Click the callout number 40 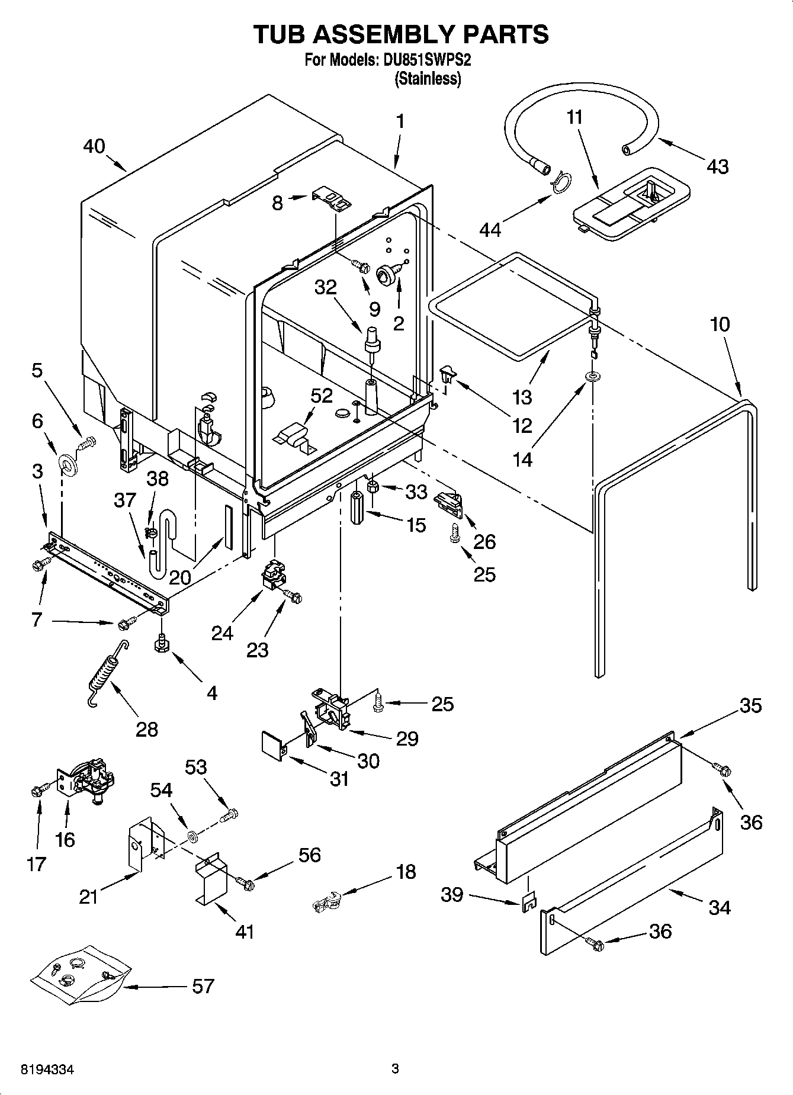click(94, 146)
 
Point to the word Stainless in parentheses click(428, 79)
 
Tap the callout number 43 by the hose click(717, 166)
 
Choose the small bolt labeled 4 click(159, 644)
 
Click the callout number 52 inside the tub click(322, 396)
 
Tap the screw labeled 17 click(37, 789)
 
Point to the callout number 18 click(406, 872)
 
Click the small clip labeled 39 click(529, 901)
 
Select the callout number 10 click(720, 325)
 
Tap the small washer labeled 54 click(191, 836)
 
